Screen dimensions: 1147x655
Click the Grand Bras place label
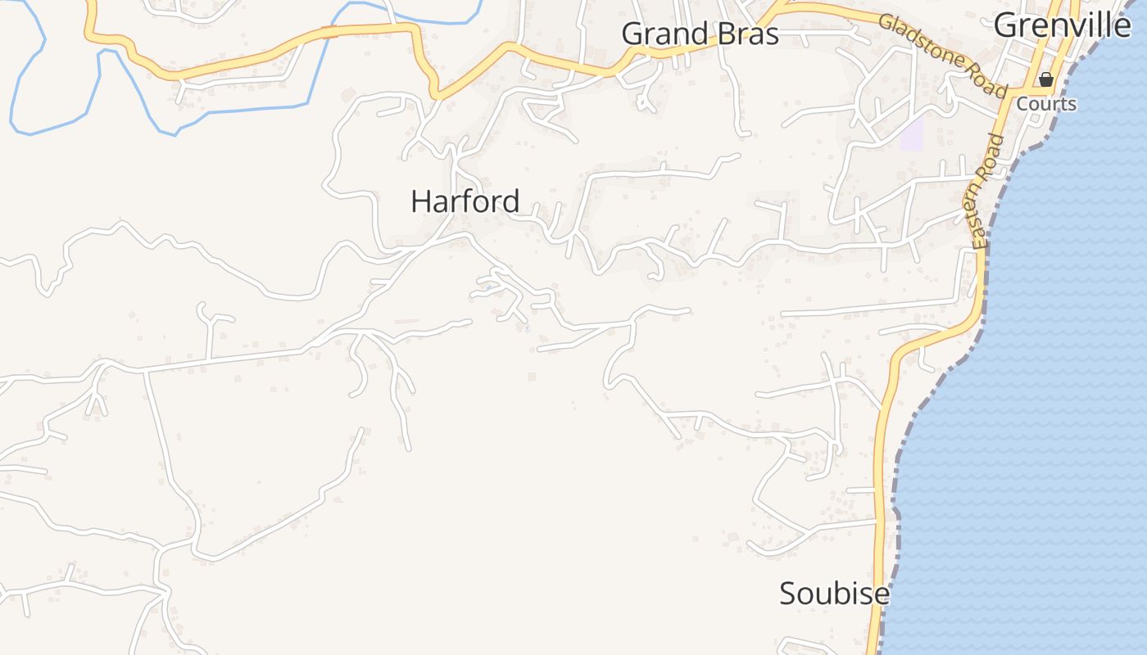700,34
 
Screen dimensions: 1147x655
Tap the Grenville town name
1062,25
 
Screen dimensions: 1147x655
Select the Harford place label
465,201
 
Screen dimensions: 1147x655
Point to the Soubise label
833,594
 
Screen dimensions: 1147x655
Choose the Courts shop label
1046,104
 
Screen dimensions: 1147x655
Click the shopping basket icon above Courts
1046,79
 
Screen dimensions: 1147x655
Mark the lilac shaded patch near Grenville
912,133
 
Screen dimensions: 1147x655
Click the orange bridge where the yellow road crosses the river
329,32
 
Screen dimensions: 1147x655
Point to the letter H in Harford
420,201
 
